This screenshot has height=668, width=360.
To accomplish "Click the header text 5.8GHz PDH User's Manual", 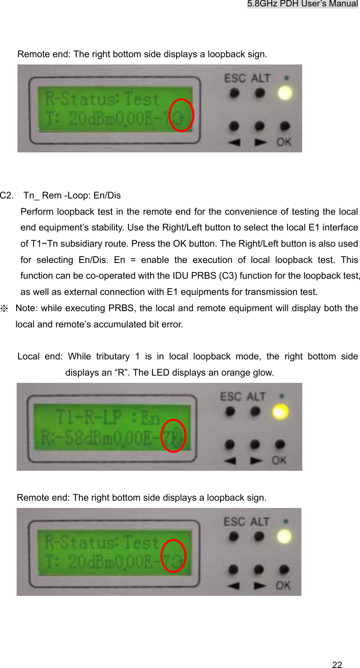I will pos(302,4).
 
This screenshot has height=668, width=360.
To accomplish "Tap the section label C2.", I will pos(6,195).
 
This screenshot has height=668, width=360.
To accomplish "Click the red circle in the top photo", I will pos(181,115).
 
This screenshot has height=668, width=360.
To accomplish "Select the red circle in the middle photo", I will pos(173,436).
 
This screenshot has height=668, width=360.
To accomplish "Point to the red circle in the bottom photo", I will pos(173,556).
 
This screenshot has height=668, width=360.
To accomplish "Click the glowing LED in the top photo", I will pos(285,93).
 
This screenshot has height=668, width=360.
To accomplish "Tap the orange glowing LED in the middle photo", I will pos(280,411).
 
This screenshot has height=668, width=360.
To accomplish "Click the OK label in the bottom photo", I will pos(283,585).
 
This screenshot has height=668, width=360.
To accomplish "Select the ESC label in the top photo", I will pos(235,79).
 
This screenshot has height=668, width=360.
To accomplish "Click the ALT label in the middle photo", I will pos(256,397).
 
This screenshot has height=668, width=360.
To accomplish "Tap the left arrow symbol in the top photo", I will pos(233,142).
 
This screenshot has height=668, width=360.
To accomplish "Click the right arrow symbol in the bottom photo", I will pos(259,585).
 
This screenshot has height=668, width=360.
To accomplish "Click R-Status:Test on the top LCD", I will pos(102,99).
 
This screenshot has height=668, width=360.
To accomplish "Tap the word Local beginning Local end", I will pos(28,356).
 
